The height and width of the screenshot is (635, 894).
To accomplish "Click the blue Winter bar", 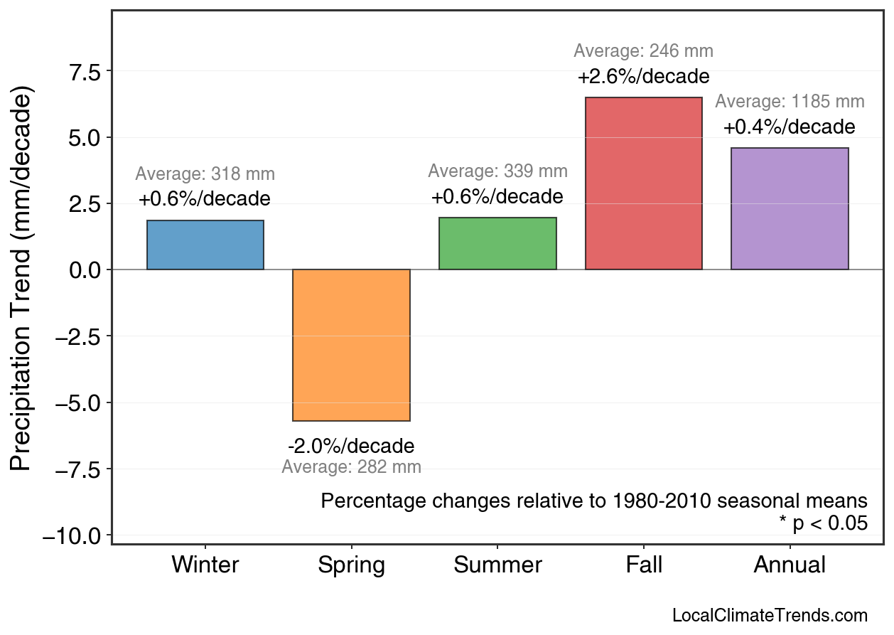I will tap(205, 245).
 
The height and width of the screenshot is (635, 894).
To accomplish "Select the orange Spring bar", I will tap(351, 345).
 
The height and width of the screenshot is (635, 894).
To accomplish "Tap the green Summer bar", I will tap(497, 244).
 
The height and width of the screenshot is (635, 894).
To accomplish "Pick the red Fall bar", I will tap(643, 183).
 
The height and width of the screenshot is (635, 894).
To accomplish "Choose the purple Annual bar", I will tap(790, 209).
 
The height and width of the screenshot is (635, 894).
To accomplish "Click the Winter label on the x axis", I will tap(205, 565).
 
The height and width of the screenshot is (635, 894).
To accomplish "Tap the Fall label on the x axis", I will tap(644, 565).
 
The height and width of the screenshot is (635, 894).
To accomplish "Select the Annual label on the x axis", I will tap(790, 565).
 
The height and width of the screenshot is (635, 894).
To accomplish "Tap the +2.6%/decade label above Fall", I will tap(643, 76).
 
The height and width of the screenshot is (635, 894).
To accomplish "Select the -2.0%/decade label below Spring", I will tap(351, 447).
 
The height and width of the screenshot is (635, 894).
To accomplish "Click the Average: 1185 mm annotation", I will tap(790, 102).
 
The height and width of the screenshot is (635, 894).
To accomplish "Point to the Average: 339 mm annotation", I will tap(497, 171).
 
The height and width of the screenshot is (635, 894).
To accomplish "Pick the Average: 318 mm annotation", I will tap(205, 174).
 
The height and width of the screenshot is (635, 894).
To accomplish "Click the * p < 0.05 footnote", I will tap(823, 523).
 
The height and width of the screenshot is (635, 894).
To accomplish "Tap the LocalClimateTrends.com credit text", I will tap(770, 616).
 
